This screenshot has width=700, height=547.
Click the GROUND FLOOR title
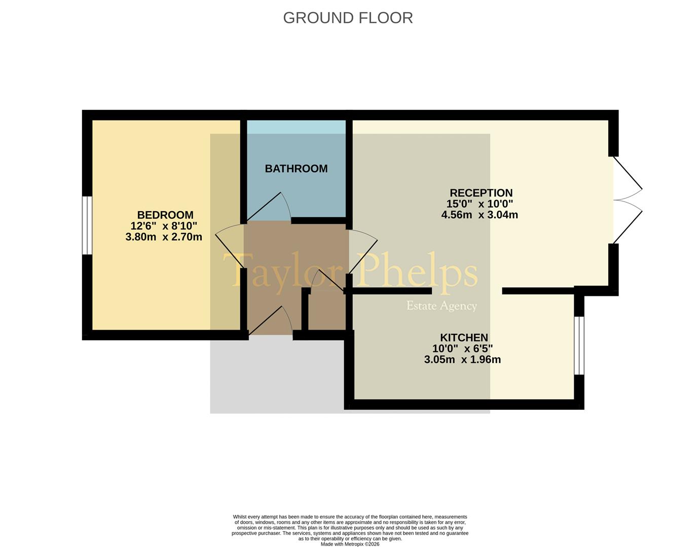click(x=348, y=18)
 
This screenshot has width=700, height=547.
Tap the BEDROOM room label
click(x=165, y=215)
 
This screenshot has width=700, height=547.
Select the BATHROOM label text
click(x=296, y=169)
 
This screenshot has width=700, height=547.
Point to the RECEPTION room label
click(x=481, y=193)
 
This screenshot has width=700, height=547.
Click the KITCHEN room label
click(x=464, y=338)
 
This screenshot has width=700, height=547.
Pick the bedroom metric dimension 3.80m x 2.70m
click(x=164, y=237)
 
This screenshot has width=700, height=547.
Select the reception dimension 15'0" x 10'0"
click(x=480, y=204)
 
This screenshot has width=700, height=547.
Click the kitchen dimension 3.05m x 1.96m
click(x=462, y=360)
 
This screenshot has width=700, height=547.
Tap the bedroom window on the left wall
click(x=87, y=225)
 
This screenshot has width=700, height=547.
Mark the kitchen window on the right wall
click(x=579, y=345)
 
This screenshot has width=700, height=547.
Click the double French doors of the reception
click(x=628, y=200)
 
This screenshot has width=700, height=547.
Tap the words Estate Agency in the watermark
click(x=441, y=306)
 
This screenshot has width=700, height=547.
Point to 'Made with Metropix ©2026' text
click(x=350, y=544)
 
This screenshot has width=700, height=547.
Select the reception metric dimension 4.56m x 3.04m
click(x=480, y=215)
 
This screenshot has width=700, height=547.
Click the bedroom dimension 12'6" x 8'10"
click(x=164, y=226)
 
